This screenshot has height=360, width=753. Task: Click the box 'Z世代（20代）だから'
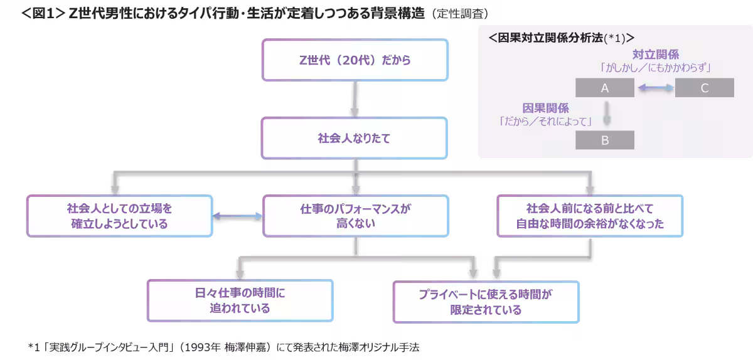(355, 60)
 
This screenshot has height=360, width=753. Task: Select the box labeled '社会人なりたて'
(355, 139)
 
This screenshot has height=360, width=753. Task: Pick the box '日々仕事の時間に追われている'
(240, 301)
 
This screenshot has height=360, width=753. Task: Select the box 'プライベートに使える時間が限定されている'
(486, 302)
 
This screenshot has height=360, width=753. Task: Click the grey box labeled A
(605, 88)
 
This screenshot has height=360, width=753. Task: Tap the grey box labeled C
(704, 88)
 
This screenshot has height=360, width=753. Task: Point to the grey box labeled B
(605, 140)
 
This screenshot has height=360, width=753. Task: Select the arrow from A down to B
(606, 114)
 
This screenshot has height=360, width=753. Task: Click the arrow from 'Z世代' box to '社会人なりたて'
(355, 99)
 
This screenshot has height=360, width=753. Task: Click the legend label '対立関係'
(655, 55)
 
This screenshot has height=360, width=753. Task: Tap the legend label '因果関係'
(545, 108)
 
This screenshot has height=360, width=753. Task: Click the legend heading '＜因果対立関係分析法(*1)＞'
(561, 38)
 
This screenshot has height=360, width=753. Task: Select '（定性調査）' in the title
(460, 13)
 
